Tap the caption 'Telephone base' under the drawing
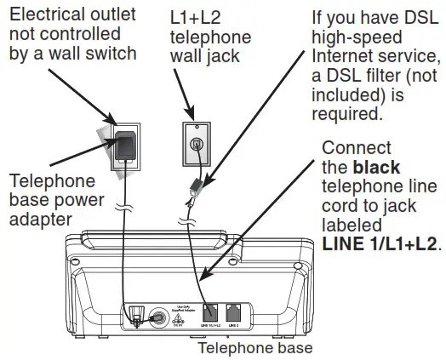(254, 348)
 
